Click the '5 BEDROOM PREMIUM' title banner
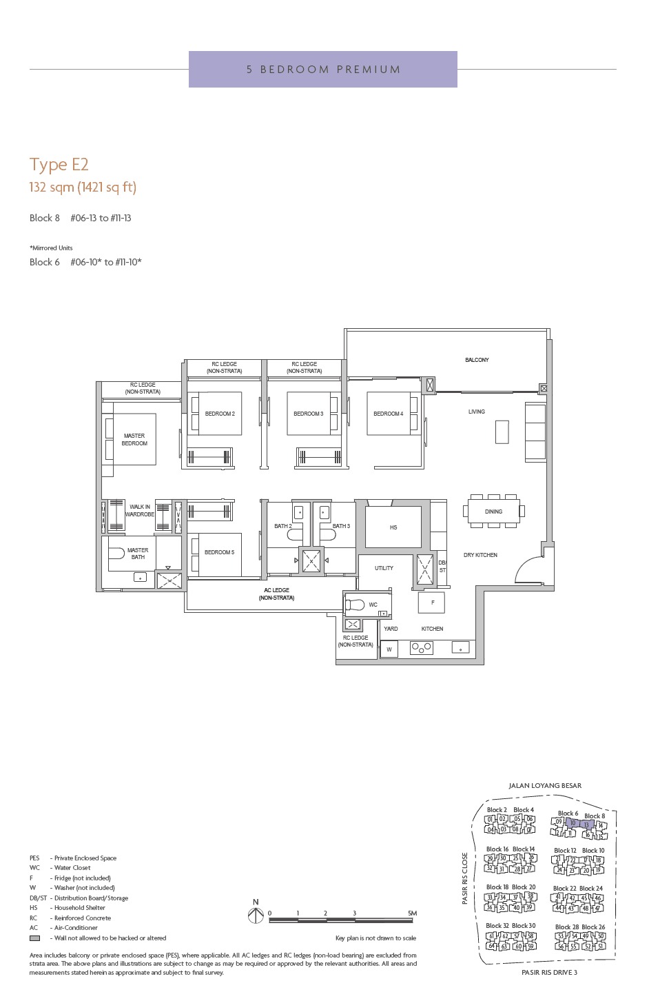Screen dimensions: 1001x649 point(323,70)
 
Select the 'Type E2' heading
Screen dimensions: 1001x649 point(59,165)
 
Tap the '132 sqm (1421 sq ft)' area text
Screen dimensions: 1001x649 point(83,188)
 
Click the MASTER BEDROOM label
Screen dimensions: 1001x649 point(134,440)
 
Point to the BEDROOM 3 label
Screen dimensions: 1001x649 point(308,414)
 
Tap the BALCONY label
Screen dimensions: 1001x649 point(477,360)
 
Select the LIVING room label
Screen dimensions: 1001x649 point(477,412)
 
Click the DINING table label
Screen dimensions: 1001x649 point(493,512)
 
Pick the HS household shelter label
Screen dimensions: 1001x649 point(393,527)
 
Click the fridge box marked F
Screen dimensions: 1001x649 point(432,603)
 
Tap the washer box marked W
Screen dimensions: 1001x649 point(389,649)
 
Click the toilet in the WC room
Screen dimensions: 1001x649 point(355,605)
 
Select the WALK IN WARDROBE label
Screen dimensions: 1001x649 point(140,511)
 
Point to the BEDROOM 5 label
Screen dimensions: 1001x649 point(219,552)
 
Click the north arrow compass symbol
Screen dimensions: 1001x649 point(256,915)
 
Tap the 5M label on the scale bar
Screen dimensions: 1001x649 point(412,913)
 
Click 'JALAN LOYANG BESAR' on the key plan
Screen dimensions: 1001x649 point(545,786)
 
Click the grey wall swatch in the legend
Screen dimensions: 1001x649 point(34,938)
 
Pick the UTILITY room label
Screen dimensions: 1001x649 point(384,568)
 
